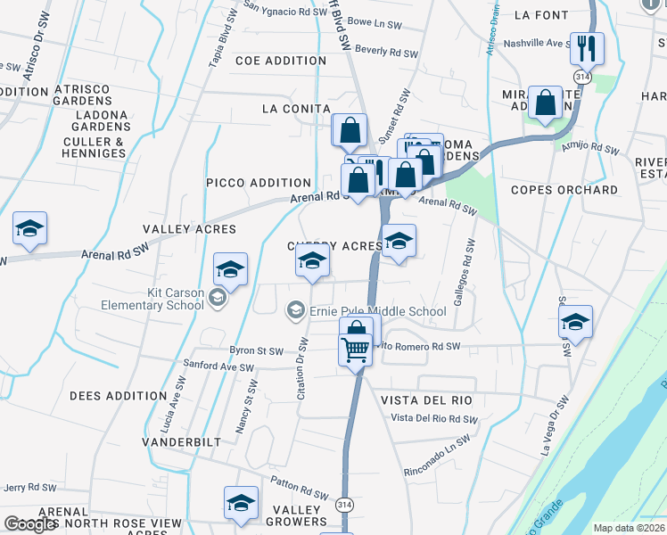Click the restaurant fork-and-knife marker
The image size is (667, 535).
click(x=587, y=48)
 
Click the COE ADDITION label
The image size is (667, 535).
click(x=281, y=61)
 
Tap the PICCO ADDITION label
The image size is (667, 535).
click(x=259, y=183)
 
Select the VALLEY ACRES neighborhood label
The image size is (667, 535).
click(x=189, y=229)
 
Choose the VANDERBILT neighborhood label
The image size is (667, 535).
click(x=179, y=441)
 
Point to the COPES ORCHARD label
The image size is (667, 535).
click(x=564, y=190)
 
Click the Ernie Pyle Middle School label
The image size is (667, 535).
click(x=377, y=311)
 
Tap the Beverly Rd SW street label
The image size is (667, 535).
click(x=386, y=53)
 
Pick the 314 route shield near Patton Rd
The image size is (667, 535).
click(x=343, y=505)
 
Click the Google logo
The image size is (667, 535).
click(x=30, y=524)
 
